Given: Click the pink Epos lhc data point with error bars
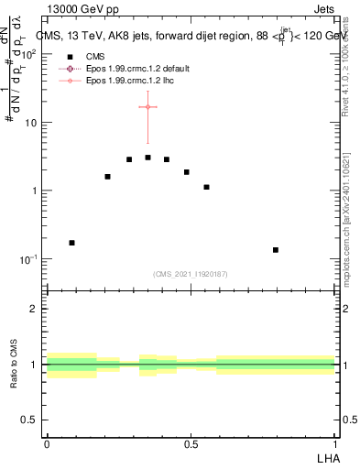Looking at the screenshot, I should (x=147, y=107).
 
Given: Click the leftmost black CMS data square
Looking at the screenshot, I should (x=71, y=243).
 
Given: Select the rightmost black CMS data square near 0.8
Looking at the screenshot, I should (x=275, y=249).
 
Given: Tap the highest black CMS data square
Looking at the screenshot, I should (x=147, y=158).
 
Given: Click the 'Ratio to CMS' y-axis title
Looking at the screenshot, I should (x=14, y=364).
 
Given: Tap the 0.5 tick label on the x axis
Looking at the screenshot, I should (x=191, y=443).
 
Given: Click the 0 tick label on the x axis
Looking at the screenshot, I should (x=47, y=443).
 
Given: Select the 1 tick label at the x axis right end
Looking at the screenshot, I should (x=334, y=443).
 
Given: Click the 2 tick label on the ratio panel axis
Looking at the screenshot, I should (x=35, y=309).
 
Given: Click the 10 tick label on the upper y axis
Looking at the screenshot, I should (x=30, y=122).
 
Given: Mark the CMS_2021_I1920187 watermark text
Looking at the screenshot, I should (x=191, y=274).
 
